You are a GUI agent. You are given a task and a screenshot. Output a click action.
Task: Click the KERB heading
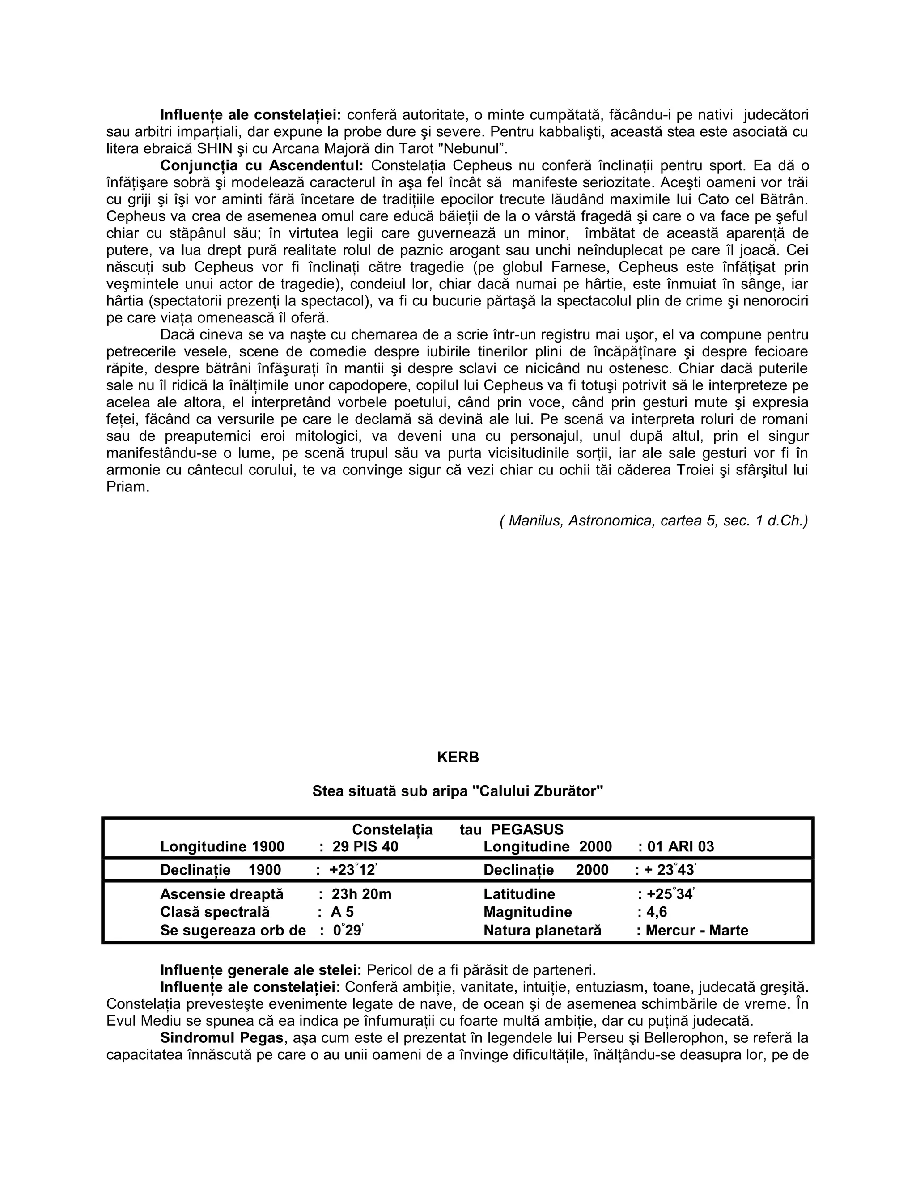[458, 758]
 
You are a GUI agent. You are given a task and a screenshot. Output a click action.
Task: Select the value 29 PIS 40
[365, 846]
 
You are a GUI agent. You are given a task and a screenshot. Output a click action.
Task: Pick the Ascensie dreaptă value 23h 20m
[361, 894]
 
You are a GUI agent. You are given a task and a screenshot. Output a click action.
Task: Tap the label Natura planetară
[542, 931]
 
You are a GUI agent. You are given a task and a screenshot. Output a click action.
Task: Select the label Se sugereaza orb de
[233, 931]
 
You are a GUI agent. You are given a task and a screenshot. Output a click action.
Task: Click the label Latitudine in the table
[519, 894]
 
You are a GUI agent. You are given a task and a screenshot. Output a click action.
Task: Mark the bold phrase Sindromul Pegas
[222, 1038]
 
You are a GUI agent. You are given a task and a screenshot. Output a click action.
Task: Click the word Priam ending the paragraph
[127, 487]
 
